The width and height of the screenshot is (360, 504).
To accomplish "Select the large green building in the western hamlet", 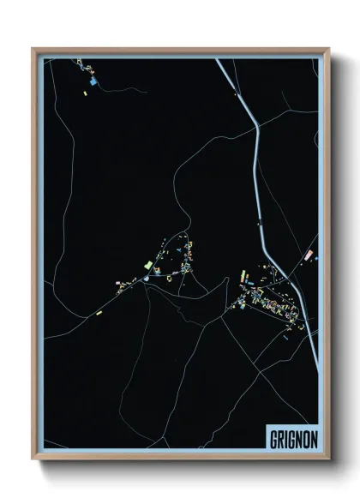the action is [147, 264].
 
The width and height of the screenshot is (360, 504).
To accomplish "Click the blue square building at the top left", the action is [93, 81].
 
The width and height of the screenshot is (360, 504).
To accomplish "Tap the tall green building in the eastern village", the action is [243, 276].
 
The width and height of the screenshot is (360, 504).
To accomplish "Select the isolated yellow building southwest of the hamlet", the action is [99, 313].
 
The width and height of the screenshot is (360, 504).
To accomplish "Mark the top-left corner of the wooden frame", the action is [33, 49].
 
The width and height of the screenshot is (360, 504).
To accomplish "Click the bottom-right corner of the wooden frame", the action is [328, 459].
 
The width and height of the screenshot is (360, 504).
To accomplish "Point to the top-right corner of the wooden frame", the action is [328, 49].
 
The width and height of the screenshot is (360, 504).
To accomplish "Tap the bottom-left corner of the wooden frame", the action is [33, 459].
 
